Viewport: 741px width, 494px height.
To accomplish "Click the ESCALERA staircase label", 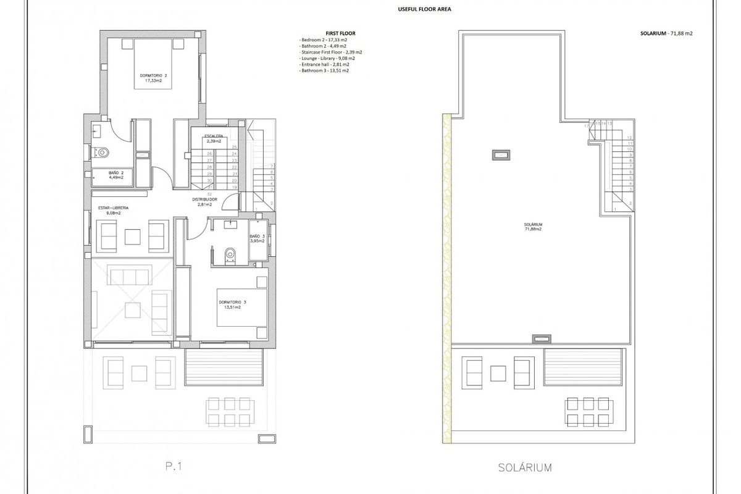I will [209, 138].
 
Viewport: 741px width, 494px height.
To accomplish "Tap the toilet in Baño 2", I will [102, 151].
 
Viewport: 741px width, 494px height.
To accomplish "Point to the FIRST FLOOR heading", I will [340, 33].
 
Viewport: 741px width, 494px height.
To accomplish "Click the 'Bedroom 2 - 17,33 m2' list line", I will [323, 40].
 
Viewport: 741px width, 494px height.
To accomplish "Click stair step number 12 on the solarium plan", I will [629, 138].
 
